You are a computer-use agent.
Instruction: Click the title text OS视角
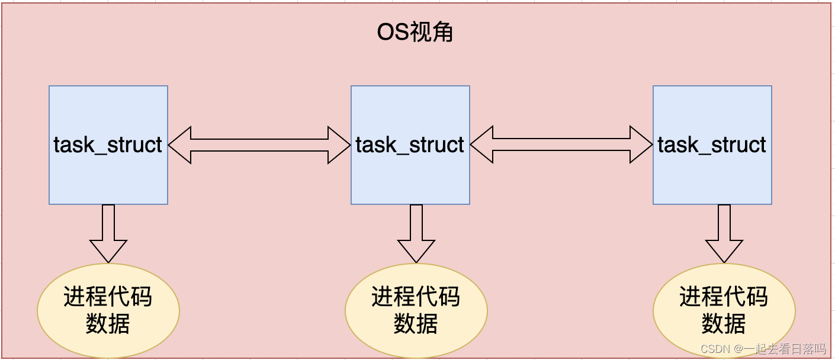(x=415, y=32)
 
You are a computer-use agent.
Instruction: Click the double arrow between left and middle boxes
(x=259, y=144)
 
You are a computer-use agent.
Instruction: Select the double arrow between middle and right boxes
(x=561, y=144)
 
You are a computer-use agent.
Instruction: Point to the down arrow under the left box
(x=108, y=234)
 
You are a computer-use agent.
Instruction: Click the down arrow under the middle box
(x=416, y=234)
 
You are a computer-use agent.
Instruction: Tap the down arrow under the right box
(x=724, y=234)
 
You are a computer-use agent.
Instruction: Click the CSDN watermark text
(x=763, y=349)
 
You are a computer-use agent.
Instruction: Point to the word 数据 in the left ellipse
(x=108, y=323)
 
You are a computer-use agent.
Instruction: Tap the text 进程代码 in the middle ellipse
(x=416, y=297)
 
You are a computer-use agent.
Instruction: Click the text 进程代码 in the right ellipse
(x=724, y=297)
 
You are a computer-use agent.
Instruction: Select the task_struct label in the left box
(x=108, y=145)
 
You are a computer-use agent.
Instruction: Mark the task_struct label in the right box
(x=712, y=145)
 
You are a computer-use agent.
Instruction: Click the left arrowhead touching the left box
(x=179, y=144)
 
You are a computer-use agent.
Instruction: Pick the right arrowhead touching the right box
(x=641, y=144)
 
